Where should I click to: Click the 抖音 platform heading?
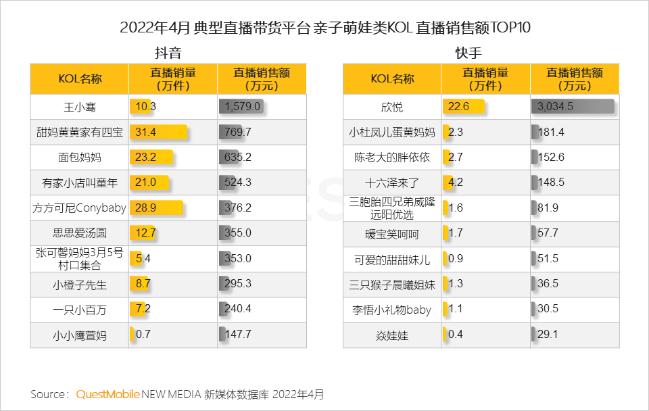point(168,53)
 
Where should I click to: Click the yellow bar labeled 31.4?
point(158,132)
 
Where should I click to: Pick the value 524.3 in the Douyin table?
point(237,183)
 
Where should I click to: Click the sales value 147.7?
point(237,334)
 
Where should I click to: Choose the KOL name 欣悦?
point(392,107)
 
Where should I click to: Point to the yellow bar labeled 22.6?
point(464,107)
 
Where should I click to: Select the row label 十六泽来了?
point(392,183)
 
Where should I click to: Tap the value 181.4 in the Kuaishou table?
point(551,132)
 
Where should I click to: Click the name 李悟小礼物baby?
point(392,309)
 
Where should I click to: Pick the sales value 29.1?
point(548,334)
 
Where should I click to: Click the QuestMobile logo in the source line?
point(108,393)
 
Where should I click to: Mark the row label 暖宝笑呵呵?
point(392,233)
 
